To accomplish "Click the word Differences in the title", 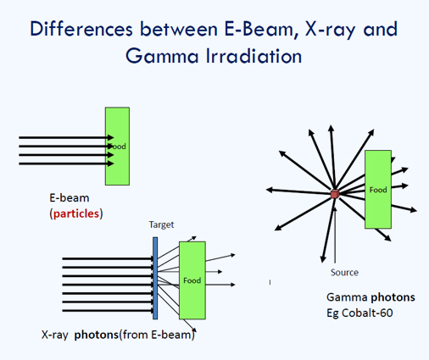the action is click(81, 29).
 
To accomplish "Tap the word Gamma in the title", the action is click(162, 56).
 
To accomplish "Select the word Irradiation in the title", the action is click(253, 56).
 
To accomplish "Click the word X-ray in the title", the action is click(330, 30).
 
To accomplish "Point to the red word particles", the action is click(76, 213).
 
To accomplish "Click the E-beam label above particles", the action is click(70, 197).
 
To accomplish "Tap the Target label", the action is click(161, 224).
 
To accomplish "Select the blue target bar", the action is click(155, 278).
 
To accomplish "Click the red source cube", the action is click(335, 194).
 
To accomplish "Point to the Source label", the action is click(344, 272).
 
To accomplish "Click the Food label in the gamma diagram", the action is click(378, 190).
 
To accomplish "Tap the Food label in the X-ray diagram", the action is click(192, 280).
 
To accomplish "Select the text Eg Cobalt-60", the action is click(359, 313).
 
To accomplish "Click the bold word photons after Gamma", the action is click(393, 297).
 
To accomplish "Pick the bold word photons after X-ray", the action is click(97, 335).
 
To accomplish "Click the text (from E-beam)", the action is click(157, 335).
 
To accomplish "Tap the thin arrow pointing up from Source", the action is click(335, 235).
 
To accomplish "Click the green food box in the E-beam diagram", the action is click(117, 147).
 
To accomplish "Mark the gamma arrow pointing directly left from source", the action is click(298, 191).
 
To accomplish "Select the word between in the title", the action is click(179, 29).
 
